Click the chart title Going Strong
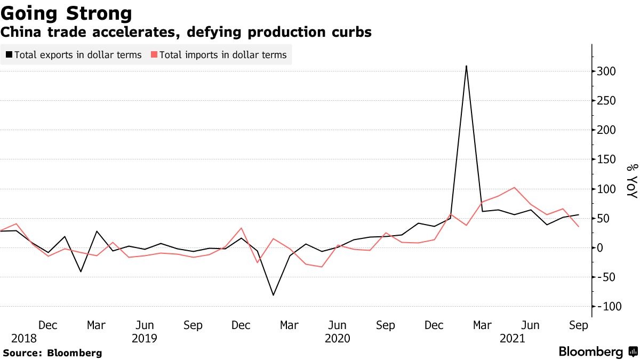point(67,13)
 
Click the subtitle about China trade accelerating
point(186,33)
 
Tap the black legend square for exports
point(9,55)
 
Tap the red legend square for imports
point(154,55)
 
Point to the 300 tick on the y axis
point(607,71)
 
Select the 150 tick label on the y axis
point(607,159)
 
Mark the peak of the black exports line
point(466,66)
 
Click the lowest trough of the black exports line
point(274,295)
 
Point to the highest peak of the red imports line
point(514,188)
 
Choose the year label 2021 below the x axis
point(512,338)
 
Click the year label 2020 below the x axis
point(337,338)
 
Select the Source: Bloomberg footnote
point(52,353)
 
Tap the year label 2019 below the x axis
point(144,338)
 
